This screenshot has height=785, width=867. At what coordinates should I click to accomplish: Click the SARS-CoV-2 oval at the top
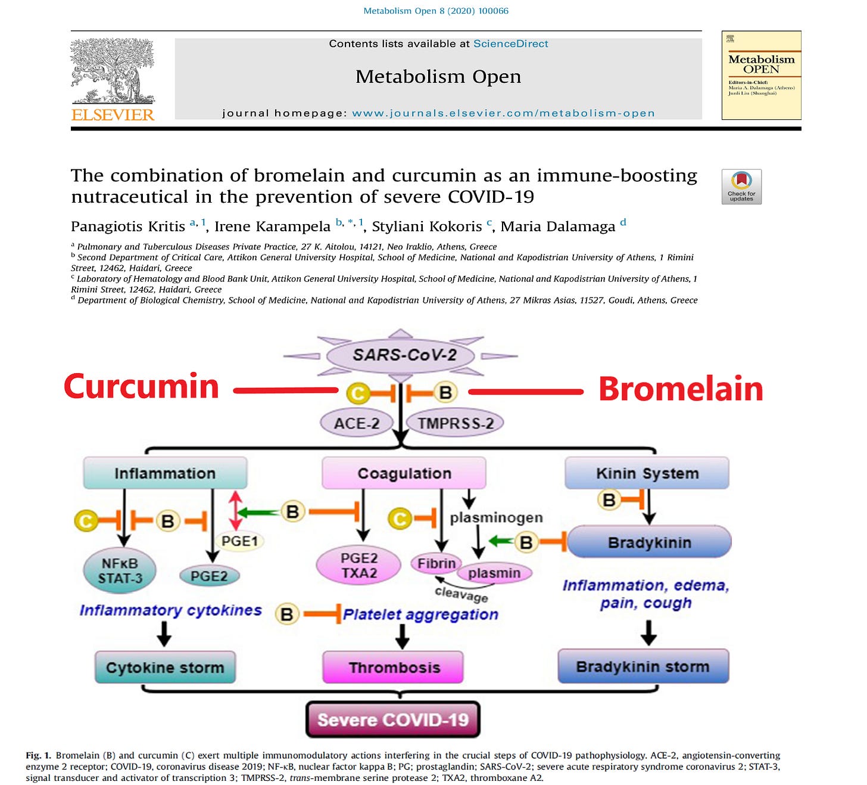pyautogui.click(x=400, y=355)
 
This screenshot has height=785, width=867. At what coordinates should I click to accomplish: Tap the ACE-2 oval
pyautogui.click(x=357, y=423)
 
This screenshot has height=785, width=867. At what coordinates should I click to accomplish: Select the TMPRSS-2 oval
pyautogui.click(x=455, y=423)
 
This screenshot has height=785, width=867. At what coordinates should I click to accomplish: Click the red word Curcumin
pyautogui.click(x=141, y=387)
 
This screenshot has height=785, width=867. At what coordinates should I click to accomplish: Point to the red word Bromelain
pyautogui.click(x=681, y=389)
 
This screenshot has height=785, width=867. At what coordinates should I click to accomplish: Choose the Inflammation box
pyautogui.click(x=165, y=473)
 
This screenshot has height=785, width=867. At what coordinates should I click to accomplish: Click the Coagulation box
pyautogui.click(x=404, y=473)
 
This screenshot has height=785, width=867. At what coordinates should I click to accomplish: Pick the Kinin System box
pyautogui.click(x=647, y=473)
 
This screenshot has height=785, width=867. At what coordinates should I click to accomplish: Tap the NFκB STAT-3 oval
pyautogui.click(x=120, y=570)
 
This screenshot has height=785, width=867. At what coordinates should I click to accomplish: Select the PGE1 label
pyautogui.click(x=239, y=541)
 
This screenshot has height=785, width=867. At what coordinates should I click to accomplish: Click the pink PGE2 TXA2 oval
pyautogui.click(x=359, y=566)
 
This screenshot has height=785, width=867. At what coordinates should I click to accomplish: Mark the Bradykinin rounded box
pyautogui.click(x=649, y=542)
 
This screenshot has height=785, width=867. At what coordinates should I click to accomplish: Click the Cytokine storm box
pyautogui.click(x=165, y=667)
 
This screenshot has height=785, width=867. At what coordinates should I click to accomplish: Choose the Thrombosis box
pyautogui.click(x=394, y=667)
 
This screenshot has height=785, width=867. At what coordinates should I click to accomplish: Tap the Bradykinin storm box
pyautogui.click(x=643, y=666)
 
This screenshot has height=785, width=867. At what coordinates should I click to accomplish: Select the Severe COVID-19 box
pyautogui.click(x=393, y=719)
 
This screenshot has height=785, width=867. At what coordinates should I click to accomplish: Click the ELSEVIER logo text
pyautogui.click(x=113, y=114)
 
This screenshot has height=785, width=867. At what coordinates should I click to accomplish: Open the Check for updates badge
pyautogui.click(x=741, y=187)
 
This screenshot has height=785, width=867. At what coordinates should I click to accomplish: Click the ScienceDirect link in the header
pyautogui.click(x=510, y=44)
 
